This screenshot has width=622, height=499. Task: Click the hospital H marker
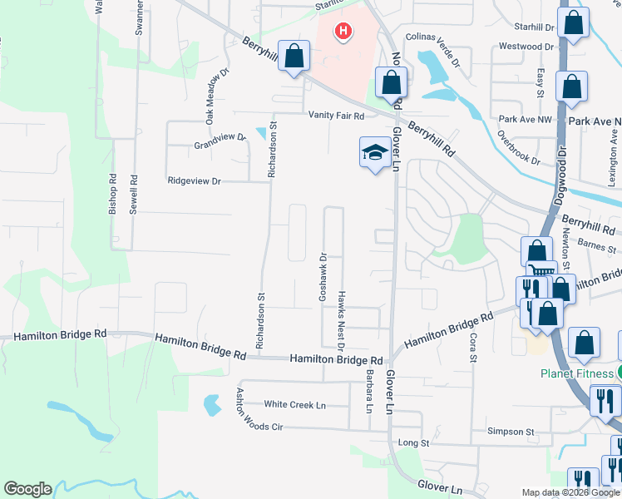point(342,32)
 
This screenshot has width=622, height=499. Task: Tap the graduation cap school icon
point(374,152)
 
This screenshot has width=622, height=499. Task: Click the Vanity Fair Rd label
point(337,116)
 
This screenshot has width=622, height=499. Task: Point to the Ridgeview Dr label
point(195,180)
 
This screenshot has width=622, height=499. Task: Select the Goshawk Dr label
point(323,278)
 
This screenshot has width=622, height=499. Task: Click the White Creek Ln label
point(294,405)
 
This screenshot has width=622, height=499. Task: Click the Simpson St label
point(511,432)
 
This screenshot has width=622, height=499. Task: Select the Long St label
point(412,443)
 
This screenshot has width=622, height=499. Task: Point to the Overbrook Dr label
point(519,146)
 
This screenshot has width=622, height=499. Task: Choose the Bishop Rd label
point(112,195)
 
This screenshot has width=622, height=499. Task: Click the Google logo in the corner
point(27,489)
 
